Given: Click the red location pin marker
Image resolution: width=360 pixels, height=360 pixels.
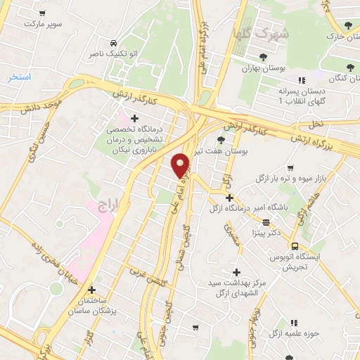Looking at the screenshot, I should tap(181, 165).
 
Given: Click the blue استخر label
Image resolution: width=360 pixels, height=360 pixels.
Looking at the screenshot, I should tap(20, 76).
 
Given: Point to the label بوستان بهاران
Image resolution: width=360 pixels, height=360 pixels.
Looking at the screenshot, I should tap(262, 68).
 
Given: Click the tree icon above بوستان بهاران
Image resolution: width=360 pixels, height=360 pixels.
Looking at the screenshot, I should tap(262, 57).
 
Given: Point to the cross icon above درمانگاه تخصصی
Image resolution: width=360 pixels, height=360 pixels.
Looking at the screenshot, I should tap(134, 117).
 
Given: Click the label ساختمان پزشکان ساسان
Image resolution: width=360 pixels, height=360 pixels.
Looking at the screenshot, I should tap(91, 305).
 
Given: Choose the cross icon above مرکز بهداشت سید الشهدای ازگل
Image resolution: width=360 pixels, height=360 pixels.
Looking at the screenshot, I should tap(236, 271).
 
